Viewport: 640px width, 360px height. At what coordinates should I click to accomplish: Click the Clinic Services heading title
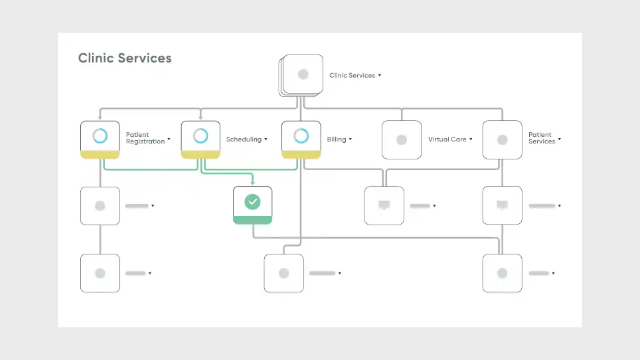click(x=125, y=58)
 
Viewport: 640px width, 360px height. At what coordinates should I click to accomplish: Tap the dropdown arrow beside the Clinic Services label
click(x=379, y=75)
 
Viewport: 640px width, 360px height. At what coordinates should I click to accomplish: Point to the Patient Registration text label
click(x=145, y=138)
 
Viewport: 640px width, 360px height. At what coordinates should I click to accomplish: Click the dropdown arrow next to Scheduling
click(x=266, y=139)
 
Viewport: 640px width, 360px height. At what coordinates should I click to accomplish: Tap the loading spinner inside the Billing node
click(x=301, y=136)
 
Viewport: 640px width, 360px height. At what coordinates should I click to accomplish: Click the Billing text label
click(x=336, y=139)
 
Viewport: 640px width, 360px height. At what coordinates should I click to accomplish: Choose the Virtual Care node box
click(x=401, y=140)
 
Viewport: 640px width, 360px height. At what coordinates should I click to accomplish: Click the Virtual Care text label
click(x=447, y=139)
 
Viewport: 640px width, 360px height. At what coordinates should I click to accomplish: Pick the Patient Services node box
click(x=502, y=140)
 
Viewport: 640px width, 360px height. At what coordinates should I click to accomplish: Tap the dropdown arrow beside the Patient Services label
click(x=559, y=139)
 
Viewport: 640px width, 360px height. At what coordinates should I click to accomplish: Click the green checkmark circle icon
click(x=252, y=202)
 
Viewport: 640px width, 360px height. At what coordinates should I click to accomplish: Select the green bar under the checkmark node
click(x=252, y=220)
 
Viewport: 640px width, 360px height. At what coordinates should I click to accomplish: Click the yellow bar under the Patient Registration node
click(x=100, y=154)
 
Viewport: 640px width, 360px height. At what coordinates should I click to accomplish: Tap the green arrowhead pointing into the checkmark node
click(x=252, y=183)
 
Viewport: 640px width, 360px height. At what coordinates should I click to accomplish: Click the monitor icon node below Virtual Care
click(x=384, y=205)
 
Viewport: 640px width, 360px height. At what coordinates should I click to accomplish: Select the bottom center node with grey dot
click(x=284, y=273)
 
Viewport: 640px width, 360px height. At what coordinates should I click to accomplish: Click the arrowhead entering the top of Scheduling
click(x=200, y=118)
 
